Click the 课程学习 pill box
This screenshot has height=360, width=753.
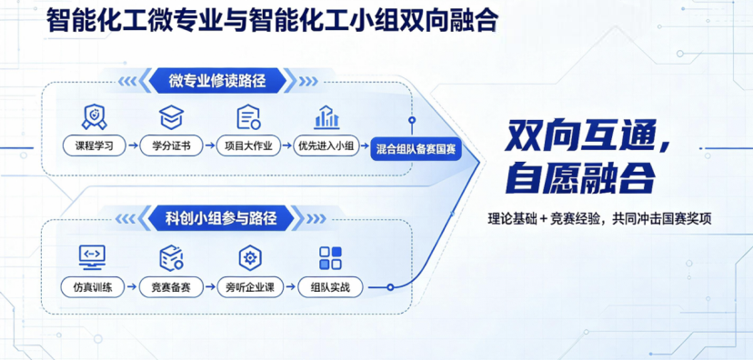point(95,145)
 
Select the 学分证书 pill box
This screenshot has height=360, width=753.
point(171,145)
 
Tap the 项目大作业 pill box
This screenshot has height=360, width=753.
point(247,145)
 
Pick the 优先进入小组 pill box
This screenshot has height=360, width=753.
point(326,145)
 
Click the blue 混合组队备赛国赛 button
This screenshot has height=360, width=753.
point(416,150)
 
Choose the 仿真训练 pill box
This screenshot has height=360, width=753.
point(93,287)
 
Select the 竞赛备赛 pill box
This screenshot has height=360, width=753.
point(171,287)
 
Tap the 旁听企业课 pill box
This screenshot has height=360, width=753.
point(250,287)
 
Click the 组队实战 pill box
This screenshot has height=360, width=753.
point(330,287)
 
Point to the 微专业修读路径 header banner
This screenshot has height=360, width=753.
point(217,80)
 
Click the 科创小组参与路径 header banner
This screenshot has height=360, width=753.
point(221,218)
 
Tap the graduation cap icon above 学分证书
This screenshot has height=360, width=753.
point(172,117)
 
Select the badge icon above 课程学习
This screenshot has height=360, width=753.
point(95,117)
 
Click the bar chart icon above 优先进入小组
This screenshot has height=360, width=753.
point(326,117)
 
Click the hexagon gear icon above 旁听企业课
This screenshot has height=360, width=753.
point(250,258)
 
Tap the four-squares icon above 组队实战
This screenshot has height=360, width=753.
point(330,258)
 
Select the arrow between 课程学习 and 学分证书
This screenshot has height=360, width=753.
point(133,145)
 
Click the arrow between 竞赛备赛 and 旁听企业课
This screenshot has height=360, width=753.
point(210,287)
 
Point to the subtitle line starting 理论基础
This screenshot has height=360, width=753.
point(599,219)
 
